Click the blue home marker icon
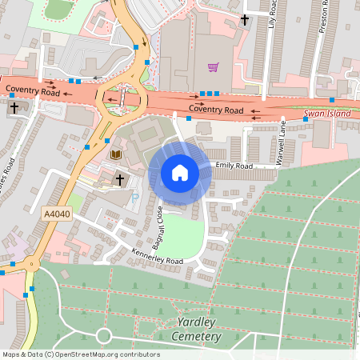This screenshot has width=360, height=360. coord(180,173)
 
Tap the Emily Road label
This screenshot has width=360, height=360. coord(234,166)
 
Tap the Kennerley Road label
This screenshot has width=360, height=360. coord(157,260)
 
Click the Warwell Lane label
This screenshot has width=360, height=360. coord(281,142)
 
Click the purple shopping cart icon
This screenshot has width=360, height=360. coord(213,68)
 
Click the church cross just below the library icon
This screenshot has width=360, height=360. coord(120,179)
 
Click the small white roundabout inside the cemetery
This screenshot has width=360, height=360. coord(103,336)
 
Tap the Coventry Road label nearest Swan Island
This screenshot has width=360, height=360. coord(216,109)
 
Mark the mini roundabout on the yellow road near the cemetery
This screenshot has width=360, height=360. coord(33,264)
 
